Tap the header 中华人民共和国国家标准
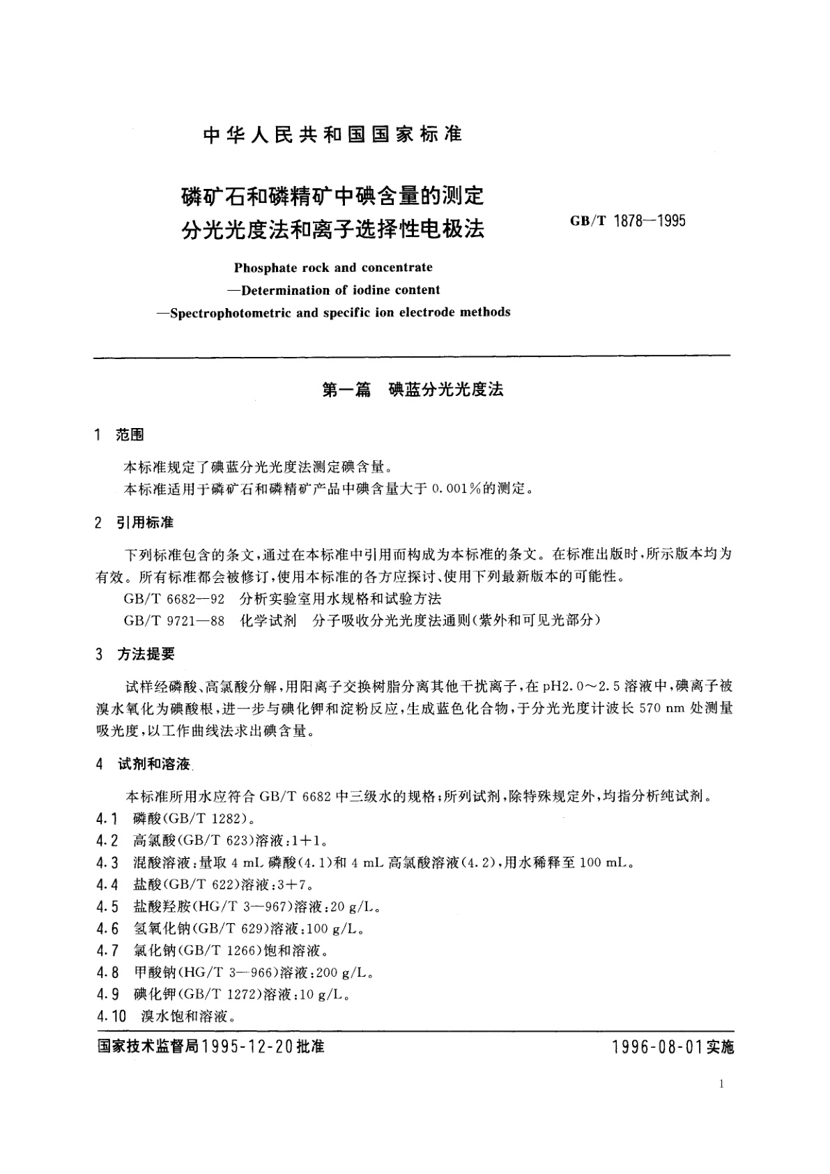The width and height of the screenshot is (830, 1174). (x=332, y=135)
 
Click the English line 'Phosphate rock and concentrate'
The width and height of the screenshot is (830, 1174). (x=333, y=267)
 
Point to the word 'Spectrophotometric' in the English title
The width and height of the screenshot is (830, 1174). (x=231, y=312)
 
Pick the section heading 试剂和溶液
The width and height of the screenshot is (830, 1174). (x=153, y=764)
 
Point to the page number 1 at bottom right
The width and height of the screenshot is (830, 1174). (x=721, y=1084)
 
